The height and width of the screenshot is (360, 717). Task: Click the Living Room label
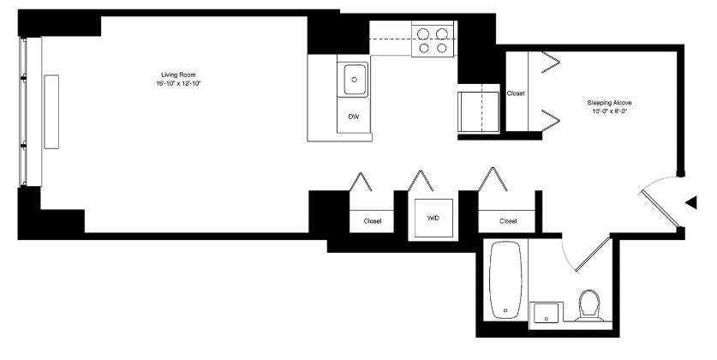tap(178, 75)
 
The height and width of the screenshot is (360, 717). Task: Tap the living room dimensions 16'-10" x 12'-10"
tap(178, 84)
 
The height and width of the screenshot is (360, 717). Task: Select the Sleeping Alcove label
tap(609, 103)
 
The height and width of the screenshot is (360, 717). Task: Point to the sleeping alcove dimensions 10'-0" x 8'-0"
tap(609, 111)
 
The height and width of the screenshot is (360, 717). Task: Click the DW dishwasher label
tap(354, 117)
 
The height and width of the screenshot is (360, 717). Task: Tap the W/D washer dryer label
tap(433, 219)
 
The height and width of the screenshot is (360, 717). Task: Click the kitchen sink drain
tap(354, 79)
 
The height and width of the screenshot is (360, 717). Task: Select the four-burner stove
tap(433, 40)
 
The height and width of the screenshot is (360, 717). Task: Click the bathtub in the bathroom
tap(505, 280)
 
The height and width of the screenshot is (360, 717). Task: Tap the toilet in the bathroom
tap(589, 305)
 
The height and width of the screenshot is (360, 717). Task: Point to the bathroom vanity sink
tap(545, 312)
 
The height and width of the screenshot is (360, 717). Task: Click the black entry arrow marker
tap(690, 202)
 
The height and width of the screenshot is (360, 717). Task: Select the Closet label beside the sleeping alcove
tap(516, 93)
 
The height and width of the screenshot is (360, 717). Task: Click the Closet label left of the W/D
tap(373, 221)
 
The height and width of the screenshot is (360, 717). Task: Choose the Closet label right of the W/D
tap(508, 221)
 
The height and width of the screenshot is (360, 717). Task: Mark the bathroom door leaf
tap(593, 255)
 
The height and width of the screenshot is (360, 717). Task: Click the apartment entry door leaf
tap(660, 208)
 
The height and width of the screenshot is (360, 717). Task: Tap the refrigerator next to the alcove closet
tap(478, 112)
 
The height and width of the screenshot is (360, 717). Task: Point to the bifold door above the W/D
tap(421, 180)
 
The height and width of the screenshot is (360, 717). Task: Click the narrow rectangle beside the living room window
tap(51, 111)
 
